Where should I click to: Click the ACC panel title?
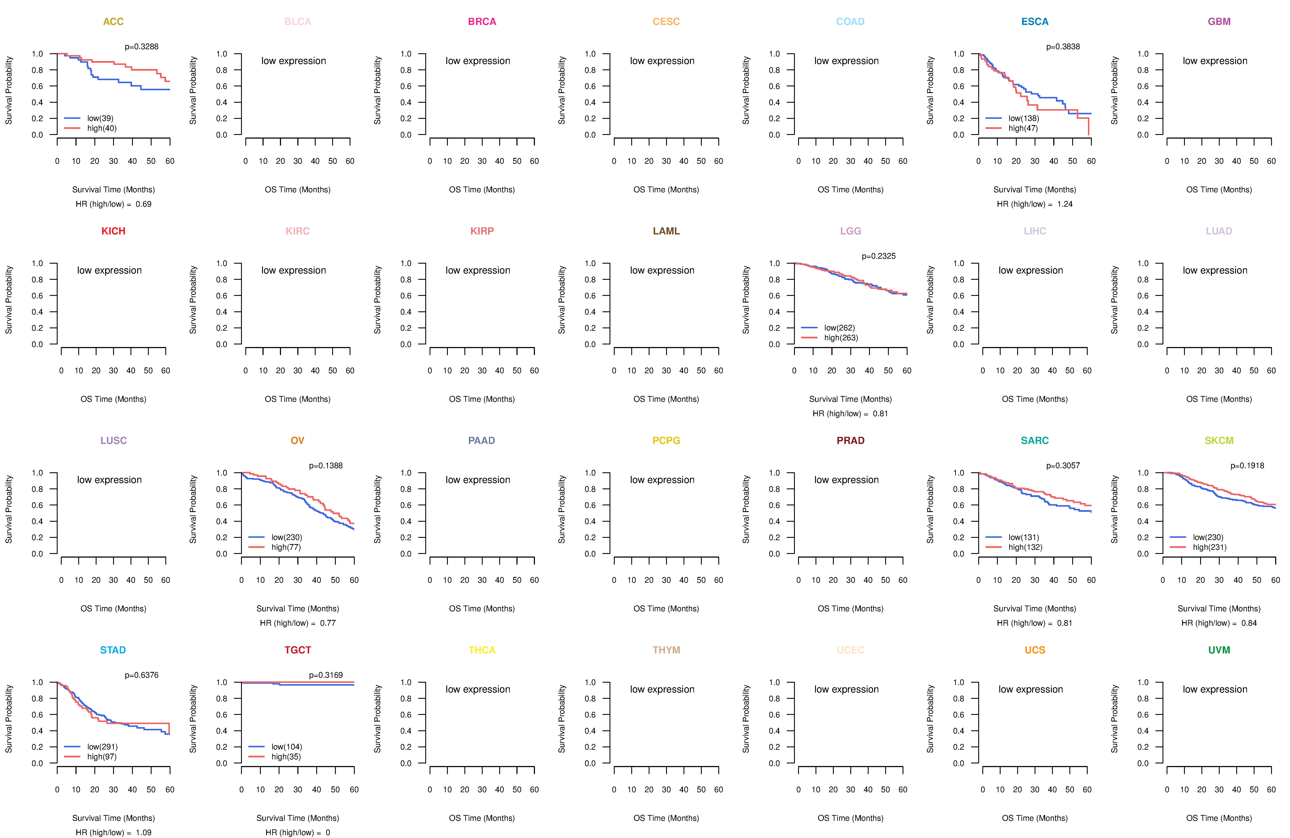[x=113, y=22]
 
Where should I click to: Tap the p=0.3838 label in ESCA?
[x=1063, y=47]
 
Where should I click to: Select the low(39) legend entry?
[x=100, y=118]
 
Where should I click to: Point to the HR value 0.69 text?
[x=144, y=204]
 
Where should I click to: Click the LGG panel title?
[x=850, y=231]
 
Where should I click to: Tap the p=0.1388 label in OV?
[x=326, y=466]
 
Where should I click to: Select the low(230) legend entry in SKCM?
[x=1208, y=537]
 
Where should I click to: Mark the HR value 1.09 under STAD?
[x=144, y=833]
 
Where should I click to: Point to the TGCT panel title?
[x=298, y=650]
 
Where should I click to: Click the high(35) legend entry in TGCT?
[x=286, y=757]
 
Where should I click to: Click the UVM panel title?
[x=1219, y=650]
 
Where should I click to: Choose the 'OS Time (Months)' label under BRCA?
[x=482, y=190]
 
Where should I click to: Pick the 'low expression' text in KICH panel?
[x=109, y=270]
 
